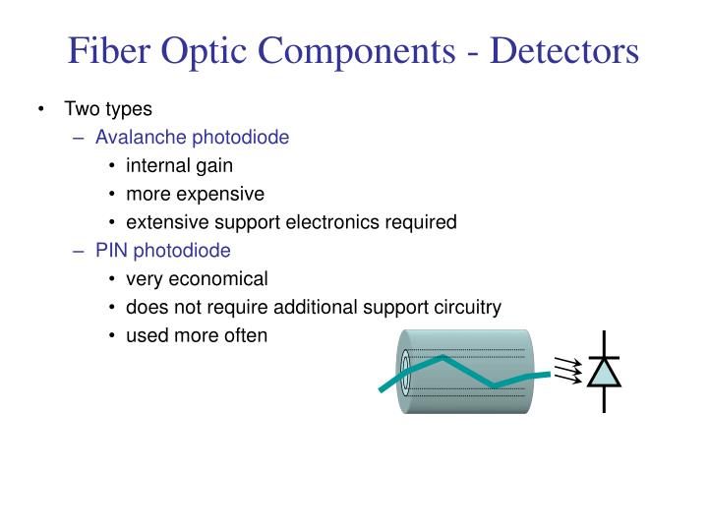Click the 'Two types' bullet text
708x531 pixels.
pos(108,109)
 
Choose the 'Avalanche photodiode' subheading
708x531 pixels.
pos(192,137)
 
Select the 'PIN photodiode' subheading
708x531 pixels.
pos(162,251)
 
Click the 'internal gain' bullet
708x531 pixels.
pos(179,165)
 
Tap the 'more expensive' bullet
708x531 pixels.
pos(195,194)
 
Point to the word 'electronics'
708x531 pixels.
pos(332,222)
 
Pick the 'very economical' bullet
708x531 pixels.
pos(197,279)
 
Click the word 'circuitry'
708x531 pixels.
pos(468,308)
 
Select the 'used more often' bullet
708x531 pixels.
pos(197,336)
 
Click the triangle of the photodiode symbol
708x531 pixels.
pos(603,373)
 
